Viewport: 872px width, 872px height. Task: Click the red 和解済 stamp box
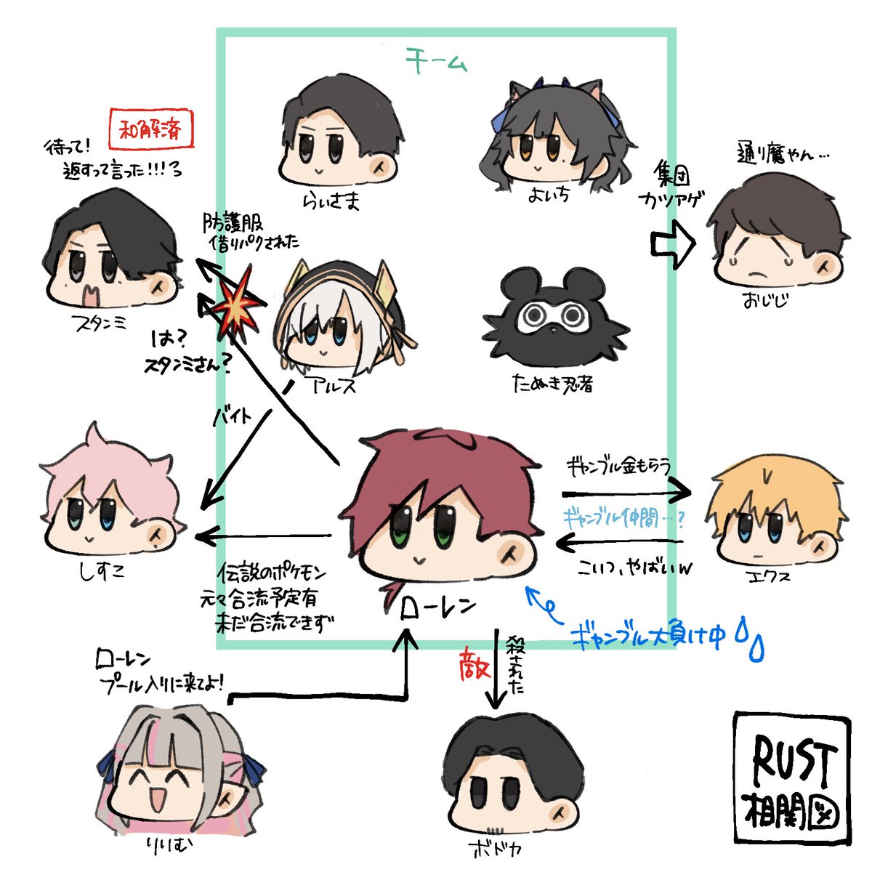pos(152,130)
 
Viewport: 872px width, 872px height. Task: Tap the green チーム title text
pos(437,60)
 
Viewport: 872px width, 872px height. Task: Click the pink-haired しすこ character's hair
pos(109,465)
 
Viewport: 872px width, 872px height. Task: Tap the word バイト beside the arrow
pos(233,416)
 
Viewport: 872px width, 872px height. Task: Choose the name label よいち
pos(551,194)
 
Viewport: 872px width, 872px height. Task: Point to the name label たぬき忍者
pos(552,384)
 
